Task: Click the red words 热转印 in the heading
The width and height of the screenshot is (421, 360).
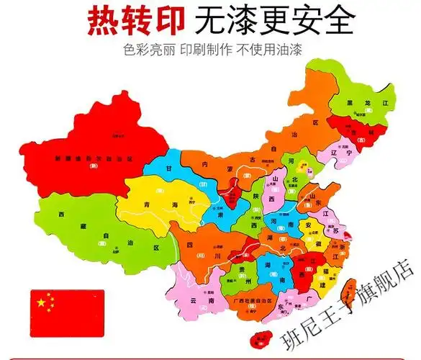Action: [133, 22]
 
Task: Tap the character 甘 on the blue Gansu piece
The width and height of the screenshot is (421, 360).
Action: [169, 167]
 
